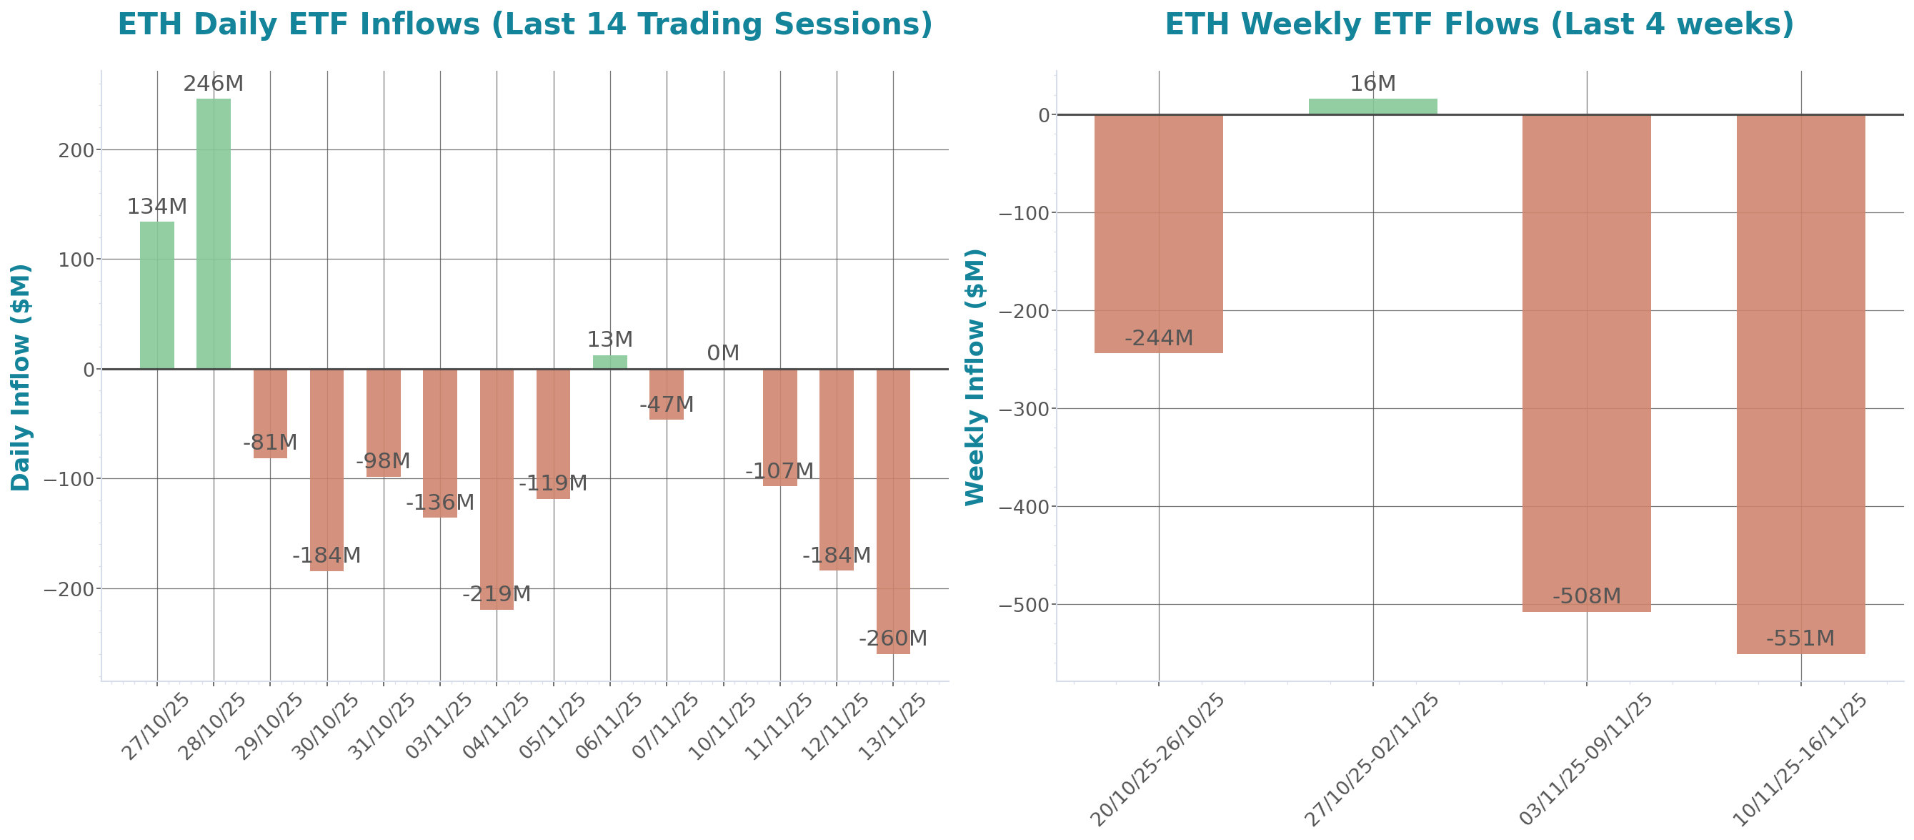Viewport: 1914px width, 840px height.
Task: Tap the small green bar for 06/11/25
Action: [610, 362]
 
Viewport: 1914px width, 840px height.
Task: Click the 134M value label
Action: [156, 207]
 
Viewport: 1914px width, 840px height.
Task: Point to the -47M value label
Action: [667, 405]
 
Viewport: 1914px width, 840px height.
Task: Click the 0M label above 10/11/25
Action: [723, 353]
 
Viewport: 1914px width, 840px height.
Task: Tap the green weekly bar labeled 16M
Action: [1372, 107]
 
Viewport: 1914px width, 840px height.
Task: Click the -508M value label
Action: [1586, 596]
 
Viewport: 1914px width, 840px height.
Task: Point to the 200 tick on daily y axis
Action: [76, 150]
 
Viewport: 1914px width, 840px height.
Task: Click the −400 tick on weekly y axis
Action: [1025, 507]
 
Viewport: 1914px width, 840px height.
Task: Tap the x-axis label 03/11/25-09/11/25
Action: [1585, 759]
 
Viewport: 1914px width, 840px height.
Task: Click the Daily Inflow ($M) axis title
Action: [21, 377]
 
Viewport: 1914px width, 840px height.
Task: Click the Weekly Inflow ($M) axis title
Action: [975, 377]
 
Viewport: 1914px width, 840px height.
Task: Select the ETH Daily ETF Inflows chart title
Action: [524, 24]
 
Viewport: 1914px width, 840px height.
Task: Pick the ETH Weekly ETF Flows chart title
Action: [1479, 24]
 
